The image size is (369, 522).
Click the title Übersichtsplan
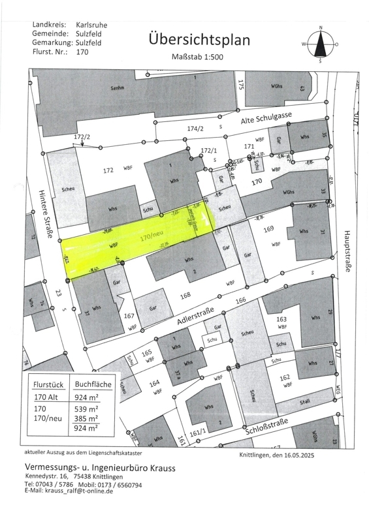199,40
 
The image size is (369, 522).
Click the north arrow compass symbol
320,44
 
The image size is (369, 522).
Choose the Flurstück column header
50,384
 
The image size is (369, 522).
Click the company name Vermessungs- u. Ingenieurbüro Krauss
99,467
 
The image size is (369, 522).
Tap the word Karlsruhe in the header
91,25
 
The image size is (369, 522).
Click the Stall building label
306,403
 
